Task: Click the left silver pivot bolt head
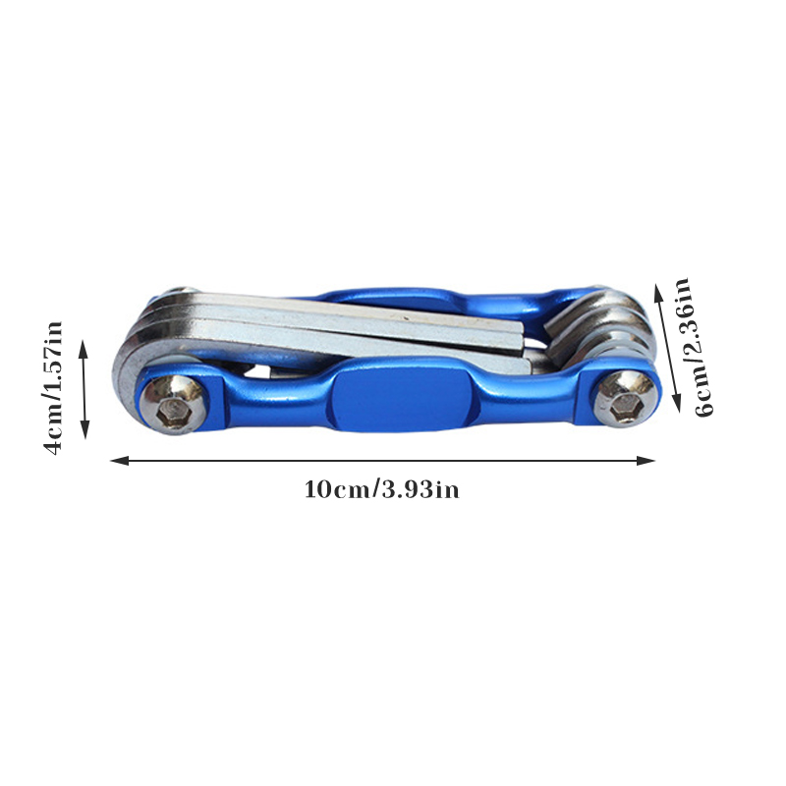[x=174, y=405]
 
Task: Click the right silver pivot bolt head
[x=625, y=399]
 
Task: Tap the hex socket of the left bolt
[x=174, y=413]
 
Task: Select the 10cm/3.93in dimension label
[x=381, y=489]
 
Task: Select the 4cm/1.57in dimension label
[x=53, y=387]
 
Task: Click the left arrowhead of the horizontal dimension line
[x=119, y=460]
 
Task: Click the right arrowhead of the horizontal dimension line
[x=646, y=460]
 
